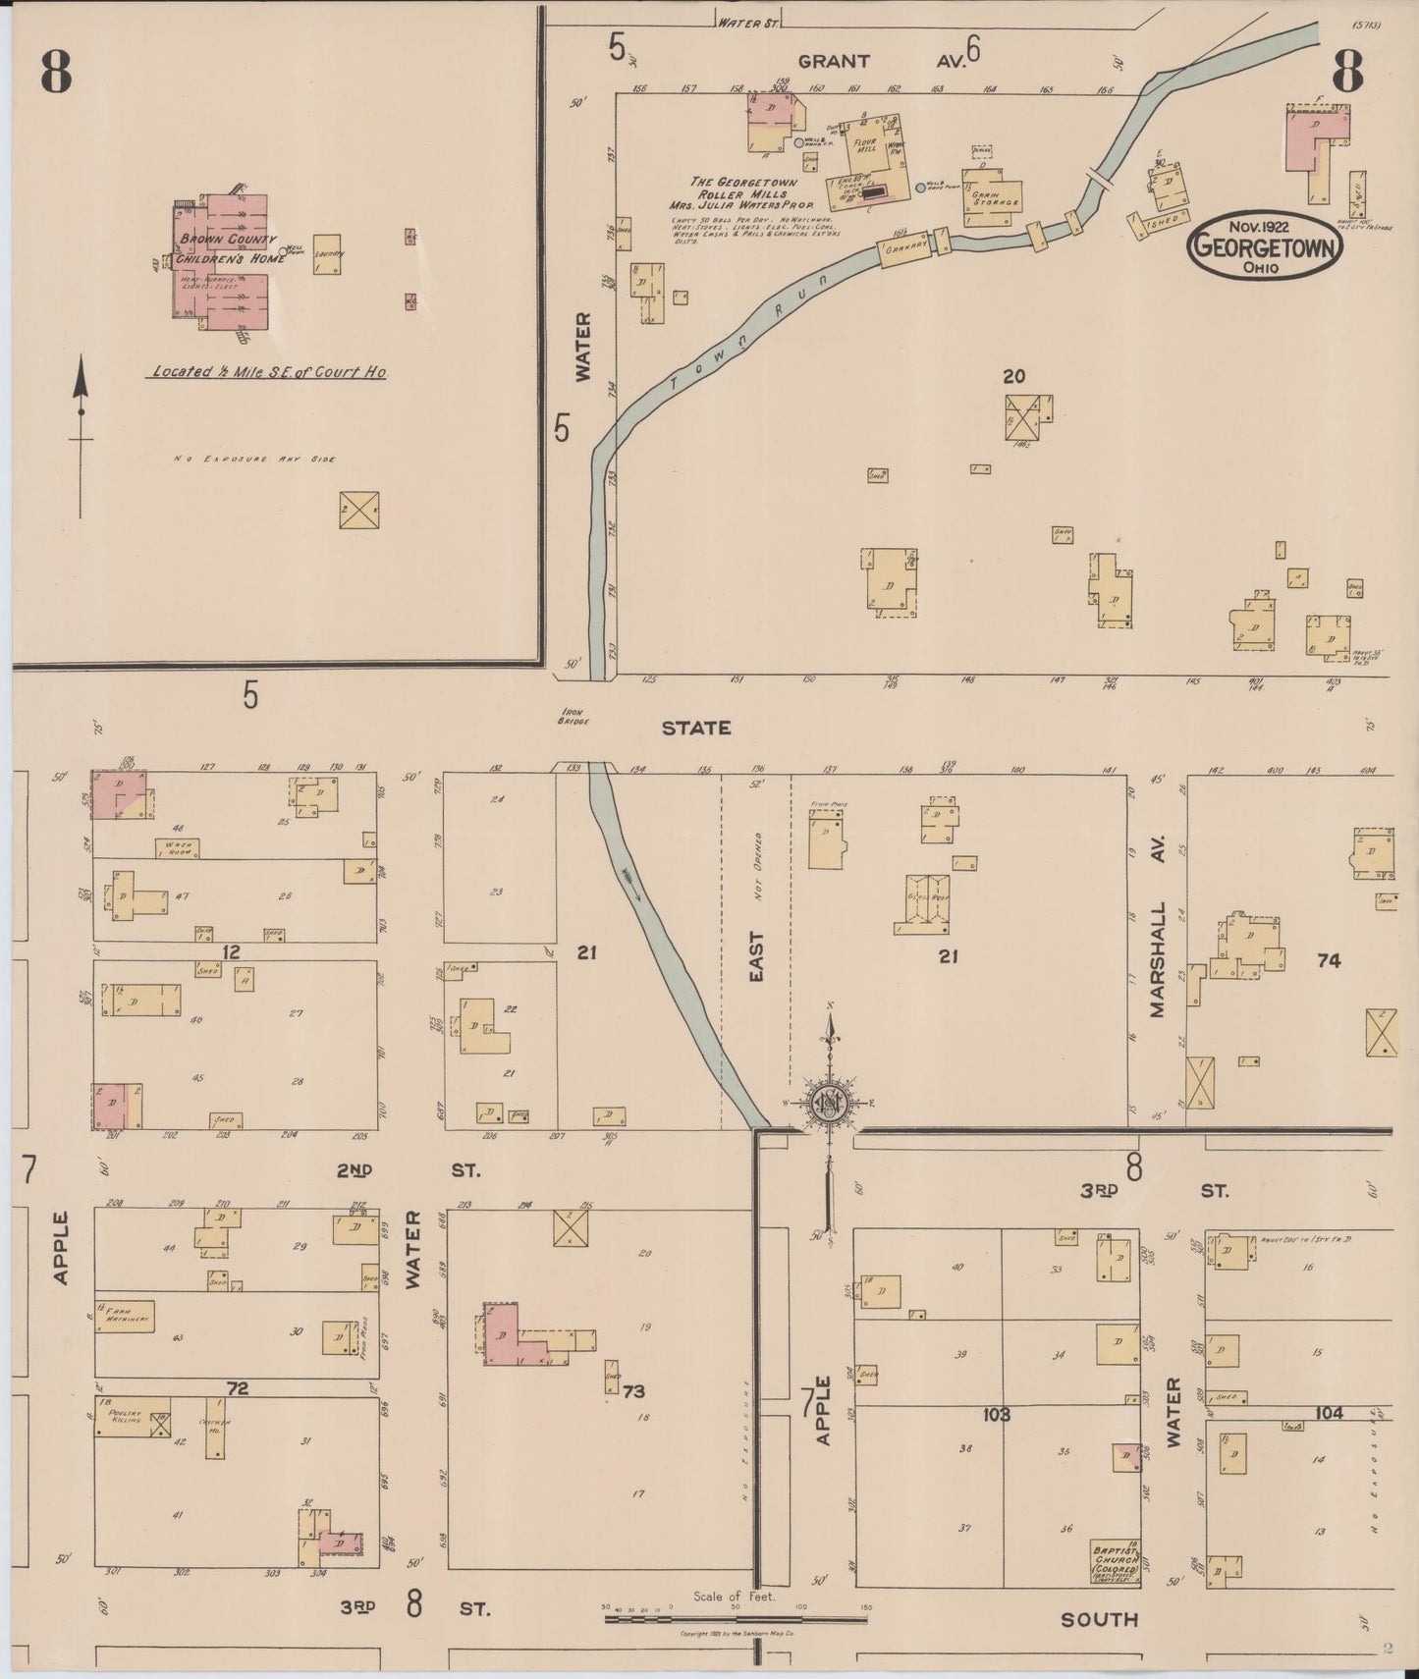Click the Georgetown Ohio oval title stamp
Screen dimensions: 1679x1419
click(x=1264, y=245)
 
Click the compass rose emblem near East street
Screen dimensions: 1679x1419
click(x=830, y=1104)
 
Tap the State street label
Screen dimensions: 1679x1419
click(x=695, y=728)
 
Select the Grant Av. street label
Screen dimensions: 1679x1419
click(x=881, y=61)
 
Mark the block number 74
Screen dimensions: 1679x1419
click(x=1328, y=961)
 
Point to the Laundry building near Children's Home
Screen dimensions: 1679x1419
click(x=327, y=253)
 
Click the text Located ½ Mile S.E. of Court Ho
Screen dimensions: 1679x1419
click(x=267, y=373)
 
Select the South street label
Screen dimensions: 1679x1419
click(x=1099, y=1620)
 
